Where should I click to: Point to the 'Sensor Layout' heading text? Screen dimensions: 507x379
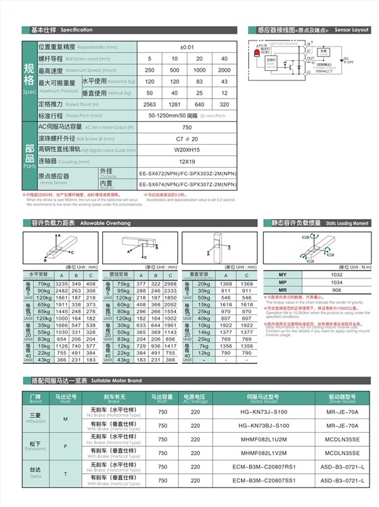tap(351, 30)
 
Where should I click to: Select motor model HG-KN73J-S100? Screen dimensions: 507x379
tap(263, 411)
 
